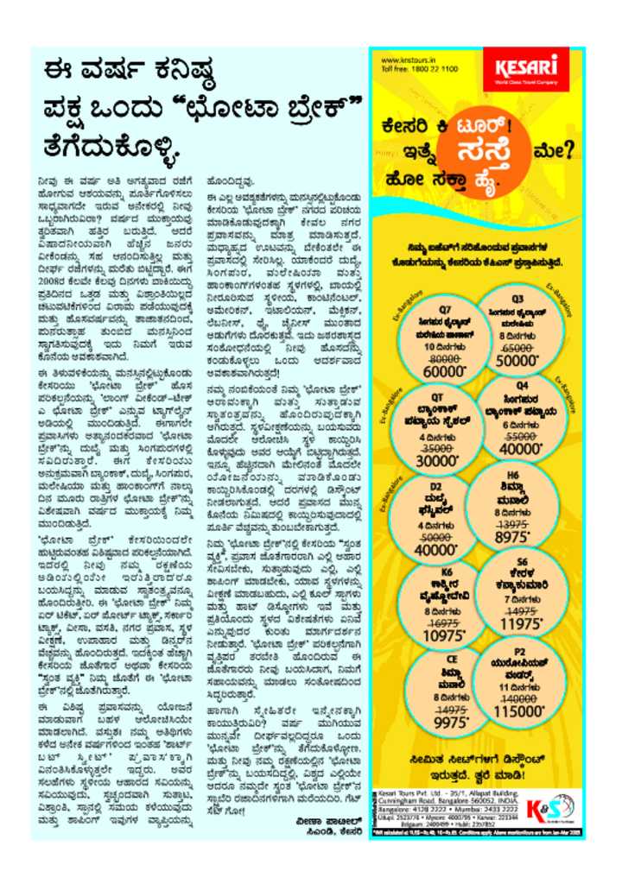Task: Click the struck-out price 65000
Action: [517, 343]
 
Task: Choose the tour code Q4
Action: [523, 386]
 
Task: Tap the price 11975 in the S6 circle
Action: [523, 623]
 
